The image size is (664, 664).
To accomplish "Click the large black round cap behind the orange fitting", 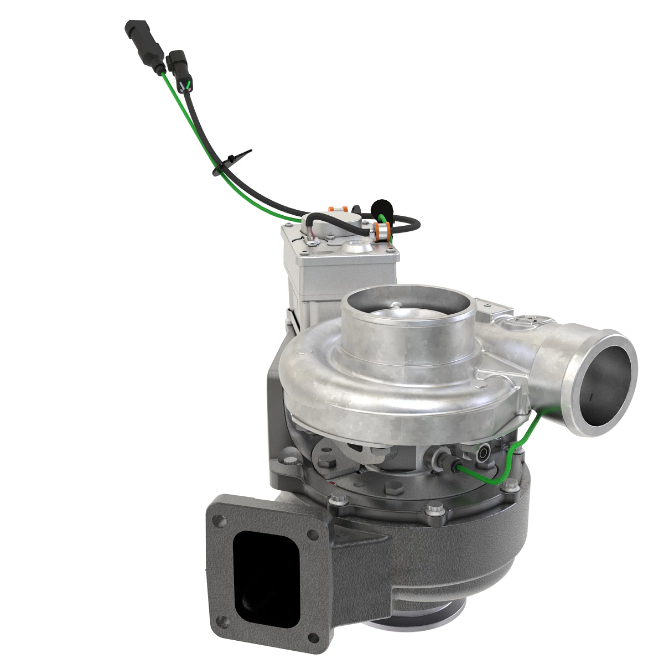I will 382,207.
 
